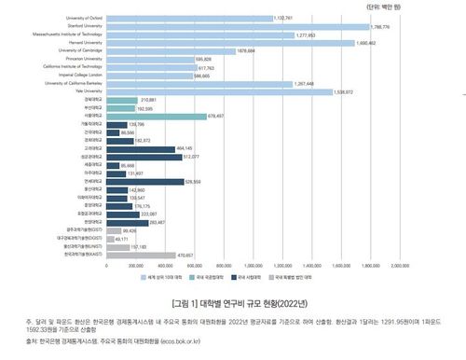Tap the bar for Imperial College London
149,76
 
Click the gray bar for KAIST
140,254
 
